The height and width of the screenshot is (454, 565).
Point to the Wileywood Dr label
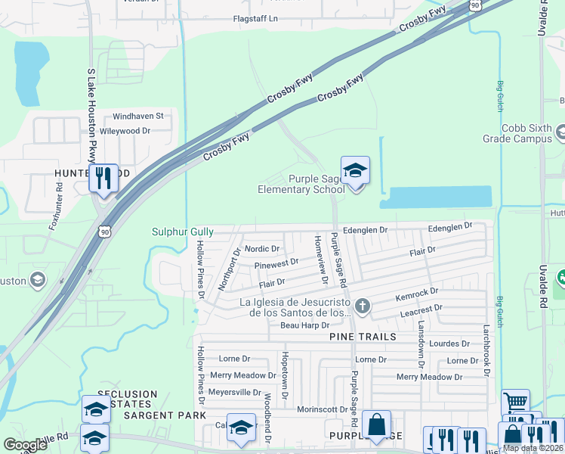(125, 131)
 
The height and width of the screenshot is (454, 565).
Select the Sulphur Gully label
(183, 232)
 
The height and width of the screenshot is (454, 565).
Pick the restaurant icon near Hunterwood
(103, 179)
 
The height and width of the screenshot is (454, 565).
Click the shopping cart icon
(515, 403)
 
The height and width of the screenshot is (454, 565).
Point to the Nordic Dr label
(262, 248)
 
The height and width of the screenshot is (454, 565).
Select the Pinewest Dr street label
(276, 265)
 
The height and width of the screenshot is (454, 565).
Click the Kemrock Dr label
(418, 292)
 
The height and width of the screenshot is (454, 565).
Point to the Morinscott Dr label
(323, 409)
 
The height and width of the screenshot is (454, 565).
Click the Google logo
(25, 445)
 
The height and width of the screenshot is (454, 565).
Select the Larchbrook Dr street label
(487, 351)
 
